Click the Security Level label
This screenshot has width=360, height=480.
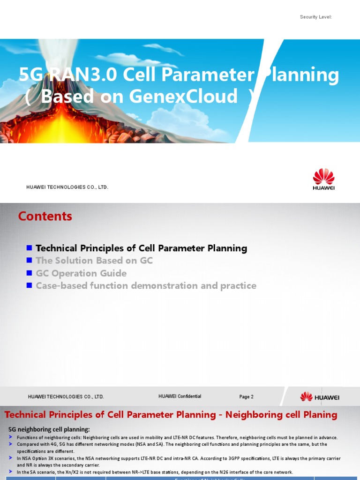tap(315, 17)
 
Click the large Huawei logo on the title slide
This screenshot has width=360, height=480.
tap(323, 180)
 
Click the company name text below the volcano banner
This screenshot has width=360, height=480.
tap(67, 187)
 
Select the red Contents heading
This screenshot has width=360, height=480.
tap(45, 216)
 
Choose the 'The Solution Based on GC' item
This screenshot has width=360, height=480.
tap(94, 261)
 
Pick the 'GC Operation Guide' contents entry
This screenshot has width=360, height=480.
tap(81, 273)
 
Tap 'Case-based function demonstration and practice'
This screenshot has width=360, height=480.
tap(146, 285)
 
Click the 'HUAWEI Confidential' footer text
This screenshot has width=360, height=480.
tap(180, 397)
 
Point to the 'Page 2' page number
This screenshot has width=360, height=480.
tap(246, 397)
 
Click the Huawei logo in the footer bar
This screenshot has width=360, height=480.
tap(320, 397)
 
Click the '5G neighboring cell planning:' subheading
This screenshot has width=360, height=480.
tap(49, 429)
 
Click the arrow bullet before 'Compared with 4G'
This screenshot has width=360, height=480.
tap(11, 444)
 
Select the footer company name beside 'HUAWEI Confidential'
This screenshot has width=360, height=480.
tap(66, 397)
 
